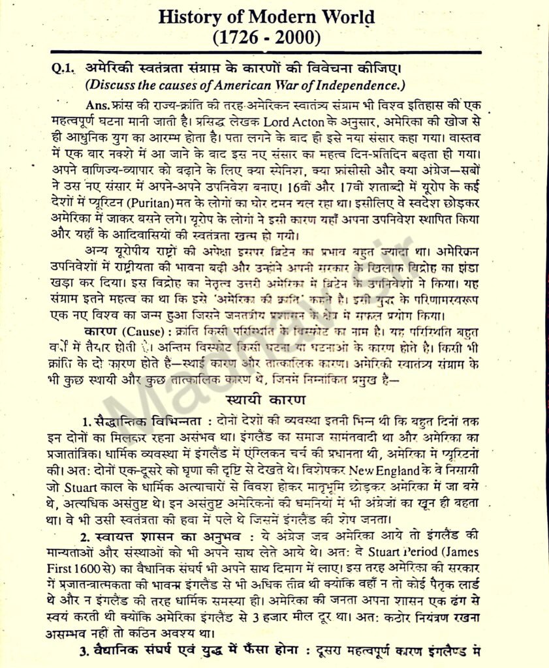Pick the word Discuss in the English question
(110, 85)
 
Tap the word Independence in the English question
(362, 85)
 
